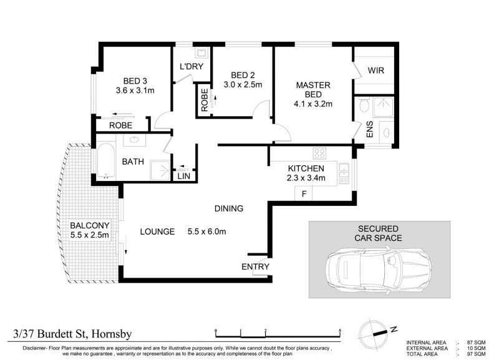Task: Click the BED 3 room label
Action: (135, 81)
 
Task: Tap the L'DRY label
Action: (191, 67)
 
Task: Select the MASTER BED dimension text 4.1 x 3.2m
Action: (313, 104)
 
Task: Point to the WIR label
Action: (376, 71)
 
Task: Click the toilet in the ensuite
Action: (364, 105)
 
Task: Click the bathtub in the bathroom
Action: (105, 161)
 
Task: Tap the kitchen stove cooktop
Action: (319, 153)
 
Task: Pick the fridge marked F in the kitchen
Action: (304, 193)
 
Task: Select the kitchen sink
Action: (344, 173)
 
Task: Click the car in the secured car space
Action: (379, 270)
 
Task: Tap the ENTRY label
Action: (255, 267)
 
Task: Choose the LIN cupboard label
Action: (183, 176)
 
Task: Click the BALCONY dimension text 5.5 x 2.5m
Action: (89, 235)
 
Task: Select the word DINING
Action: (229, 208)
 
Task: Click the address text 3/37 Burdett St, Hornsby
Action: (72, 334)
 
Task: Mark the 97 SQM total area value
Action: (476, 354)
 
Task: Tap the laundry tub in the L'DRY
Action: (201, 52)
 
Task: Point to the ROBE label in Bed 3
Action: (120, 125)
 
